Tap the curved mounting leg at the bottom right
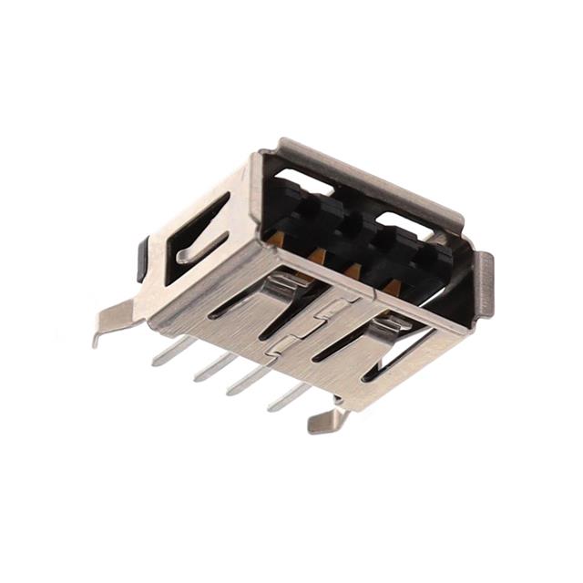pos(329,420)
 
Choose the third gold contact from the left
pos(353,270)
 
